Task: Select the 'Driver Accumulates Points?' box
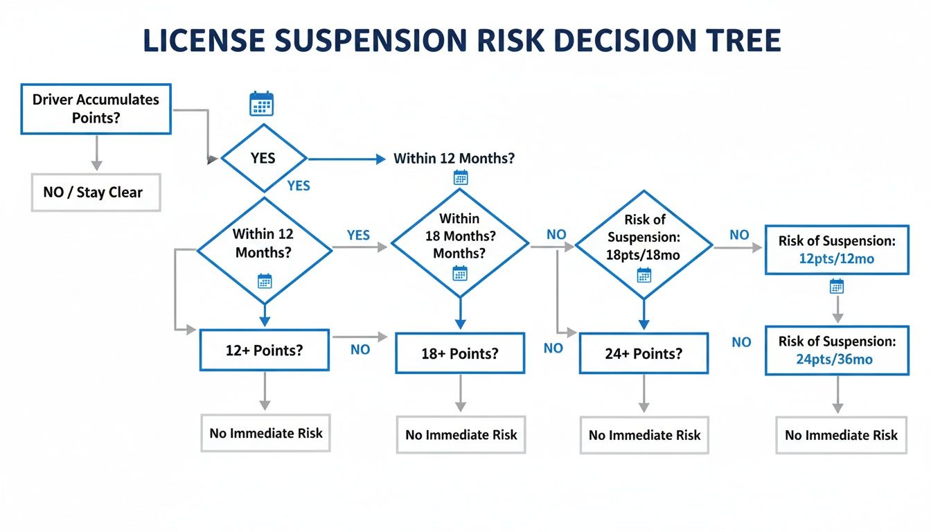coord(96,109)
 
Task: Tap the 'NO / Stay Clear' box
coord(96,193)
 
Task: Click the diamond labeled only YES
coord(263,158)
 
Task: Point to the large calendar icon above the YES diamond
coord(261,103)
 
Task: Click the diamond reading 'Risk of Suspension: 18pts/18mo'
coord(644,245)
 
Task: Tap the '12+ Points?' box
coord(264,351)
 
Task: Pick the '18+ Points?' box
coord(460,353)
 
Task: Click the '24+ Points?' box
coord(644,353)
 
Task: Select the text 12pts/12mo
coord(835,259)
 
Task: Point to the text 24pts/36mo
coord(835,359)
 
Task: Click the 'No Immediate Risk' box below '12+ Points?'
coord(265,433)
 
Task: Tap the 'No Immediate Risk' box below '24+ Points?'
coord(644,435)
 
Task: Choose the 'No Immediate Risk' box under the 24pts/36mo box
coord(841,435)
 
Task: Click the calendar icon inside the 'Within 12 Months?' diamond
coord(265,281)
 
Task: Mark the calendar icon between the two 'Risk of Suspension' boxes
coord(837,286)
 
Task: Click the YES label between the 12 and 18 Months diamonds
coord(358,235)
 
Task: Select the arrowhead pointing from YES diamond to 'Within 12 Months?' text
coord(380,159)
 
